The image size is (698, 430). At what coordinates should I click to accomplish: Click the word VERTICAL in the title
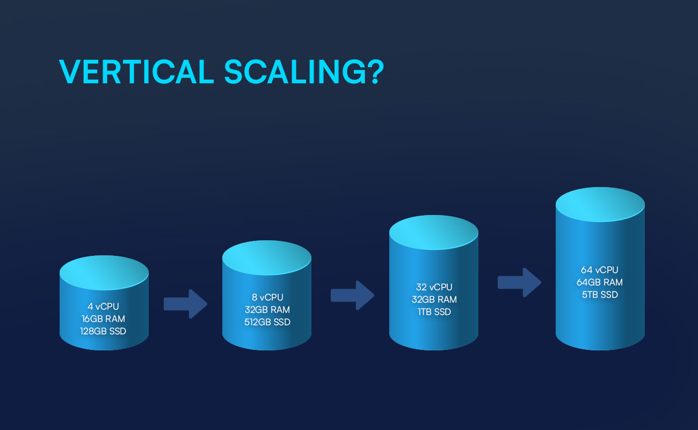[136, 71]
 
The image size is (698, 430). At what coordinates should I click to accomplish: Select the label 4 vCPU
[103, 306]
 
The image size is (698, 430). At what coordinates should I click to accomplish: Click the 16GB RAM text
[103, 319]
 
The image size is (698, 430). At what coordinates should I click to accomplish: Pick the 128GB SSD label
[103, 331]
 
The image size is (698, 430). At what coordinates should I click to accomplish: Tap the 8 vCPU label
[267, 297]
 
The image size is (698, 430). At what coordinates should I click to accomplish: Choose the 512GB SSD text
[267, 322]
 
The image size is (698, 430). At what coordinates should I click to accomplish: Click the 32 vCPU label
[434, 287]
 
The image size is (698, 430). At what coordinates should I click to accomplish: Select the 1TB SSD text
[434, 312]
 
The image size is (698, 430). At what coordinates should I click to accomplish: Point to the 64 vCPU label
[600, 270]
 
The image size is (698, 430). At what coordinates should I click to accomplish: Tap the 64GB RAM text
[600, 282]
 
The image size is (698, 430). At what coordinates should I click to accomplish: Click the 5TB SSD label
[600, 295]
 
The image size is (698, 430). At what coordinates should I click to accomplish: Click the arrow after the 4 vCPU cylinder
[186, 304]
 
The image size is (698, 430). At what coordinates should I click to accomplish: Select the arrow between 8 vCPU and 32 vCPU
[352, 295]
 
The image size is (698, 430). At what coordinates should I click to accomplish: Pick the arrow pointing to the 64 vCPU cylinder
[519, 282]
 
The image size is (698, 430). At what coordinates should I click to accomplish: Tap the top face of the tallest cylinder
[600, 204]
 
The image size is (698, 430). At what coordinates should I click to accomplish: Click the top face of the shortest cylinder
[104, 273]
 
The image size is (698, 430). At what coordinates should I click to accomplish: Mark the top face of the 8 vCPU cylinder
[267, 258]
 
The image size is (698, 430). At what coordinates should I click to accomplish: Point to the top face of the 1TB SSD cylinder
[434, 232]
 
